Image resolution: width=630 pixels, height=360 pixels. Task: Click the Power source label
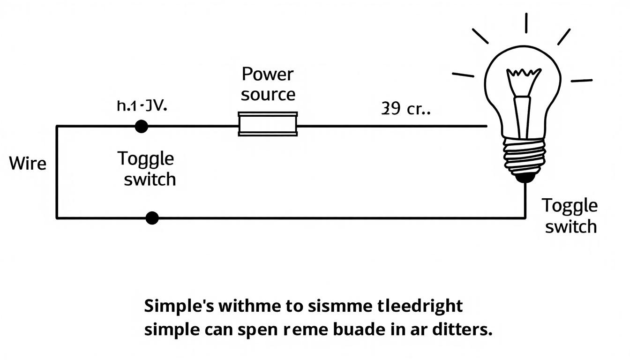268,84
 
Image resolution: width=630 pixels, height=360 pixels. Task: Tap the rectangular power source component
268,124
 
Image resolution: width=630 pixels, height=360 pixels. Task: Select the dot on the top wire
141,126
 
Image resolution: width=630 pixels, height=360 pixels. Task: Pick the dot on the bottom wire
152,218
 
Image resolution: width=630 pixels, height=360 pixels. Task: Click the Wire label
28,164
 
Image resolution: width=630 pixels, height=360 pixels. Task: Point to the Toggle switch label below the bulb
570,216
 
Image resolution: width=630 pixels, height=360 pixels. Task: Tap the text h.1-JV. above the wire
142,106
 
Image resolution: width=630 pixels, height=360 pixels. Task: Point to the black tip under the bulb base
525,178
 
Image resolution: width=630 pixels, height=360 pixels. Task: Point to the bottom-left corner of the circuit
57,218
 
